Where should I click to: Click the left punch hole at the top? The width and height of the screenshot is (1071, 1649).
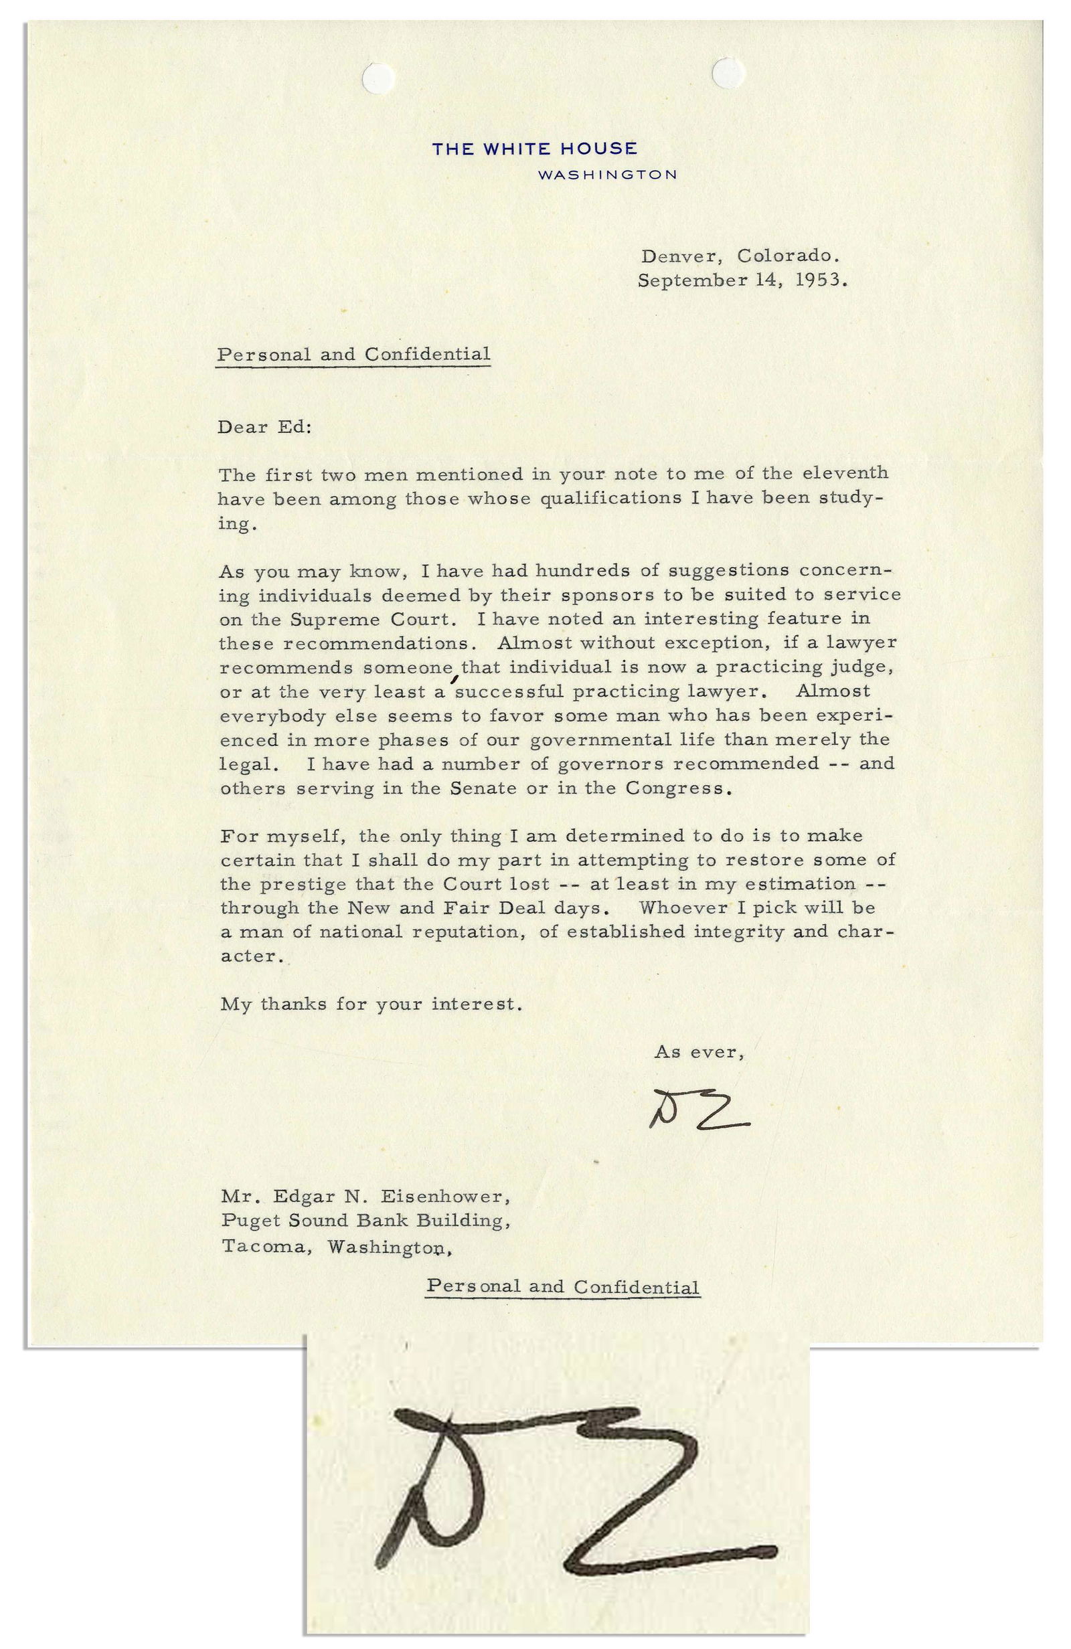[379, 76]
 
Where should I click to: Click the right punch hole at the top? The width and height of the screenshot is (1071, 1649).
[728, 72]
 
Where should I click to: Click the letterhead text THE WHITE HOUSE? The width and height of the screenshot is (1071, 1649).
[534, 149]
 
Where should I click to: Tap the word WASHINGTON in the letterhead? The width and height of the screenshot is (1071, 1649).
[607, 175]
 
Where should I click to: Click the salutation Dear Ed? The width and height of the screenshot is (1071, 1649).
[264, 427]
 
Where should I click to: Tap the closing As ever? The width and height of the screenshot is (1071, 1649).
[699, 1052]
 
